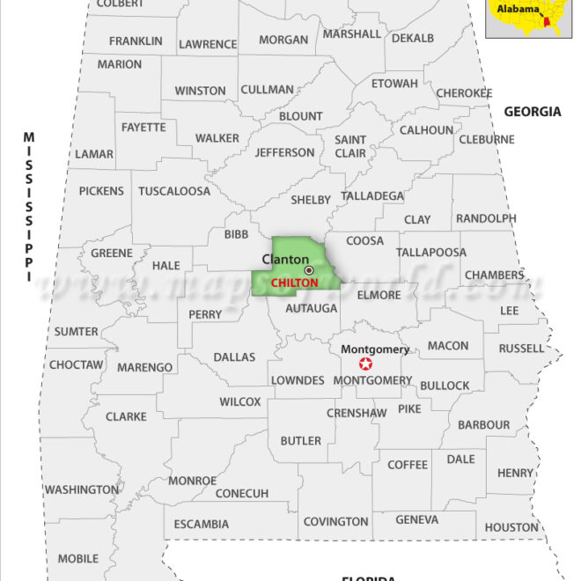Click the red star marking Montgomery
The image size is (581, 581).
(x=365, y=364)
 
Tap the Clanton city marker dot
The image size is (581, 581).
(x=309, y=270)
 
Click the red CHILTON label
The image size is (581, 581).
(x=294, y=283)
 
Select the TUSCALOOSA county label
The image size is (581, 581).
(x=174, y=191)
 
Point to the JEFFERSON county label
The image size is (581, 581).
(x=284, y=152)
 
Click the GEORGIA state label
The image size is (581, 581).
(x=532, y=112)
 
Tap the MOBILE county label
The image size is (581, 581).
(x=78, y=558)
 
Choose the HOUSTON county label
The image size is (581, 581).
(x=511, y=527)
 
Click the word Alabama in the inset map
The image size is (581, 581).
(x=518, y=10)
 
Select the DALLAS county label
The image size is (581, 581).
(x=234, y=357)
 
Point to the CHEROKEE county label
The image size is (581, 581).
(x=464, y=92)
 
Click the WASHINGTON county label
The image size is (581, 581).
(x=82, y=489)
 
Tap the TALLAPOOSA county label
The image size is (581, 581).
(x=431, y=253)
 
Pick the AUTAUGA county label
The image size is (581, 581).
(x=312, y=309)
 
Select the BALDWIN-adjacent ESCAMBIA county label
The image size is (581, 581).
(x=201, y=524)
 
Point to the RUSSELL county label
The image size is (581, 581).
(x=521, y=349)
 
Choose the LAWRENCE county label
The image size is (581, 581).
(x=208, y=44)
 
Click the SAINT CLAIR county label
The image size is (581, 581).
(x=350, y=146)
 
